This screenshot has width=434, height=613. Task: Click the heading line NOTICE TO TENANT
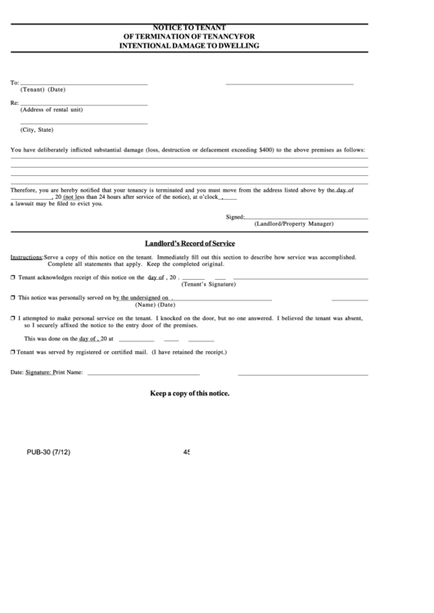(190, 28)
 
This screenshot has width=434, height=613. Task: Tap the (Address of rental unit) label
(51, 110)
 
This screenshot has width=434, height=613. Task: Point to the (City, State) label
(37, 129)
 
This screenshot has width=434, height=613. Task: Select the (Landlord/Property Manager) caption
(294, 223)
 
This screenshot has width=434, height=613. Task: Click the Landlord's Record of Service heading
(189, 243)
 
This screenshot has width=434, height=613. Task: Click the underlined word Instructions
(26, 257)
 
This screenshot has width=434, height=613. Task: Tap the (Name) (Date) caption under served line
(156, 304)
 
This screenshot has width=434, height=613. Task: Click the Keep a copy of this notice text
(189, 394)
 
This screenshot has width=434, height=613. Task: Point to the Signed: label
(235, 217)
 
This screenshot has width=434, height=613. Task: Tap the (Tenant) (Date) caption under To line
(43, 89)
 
